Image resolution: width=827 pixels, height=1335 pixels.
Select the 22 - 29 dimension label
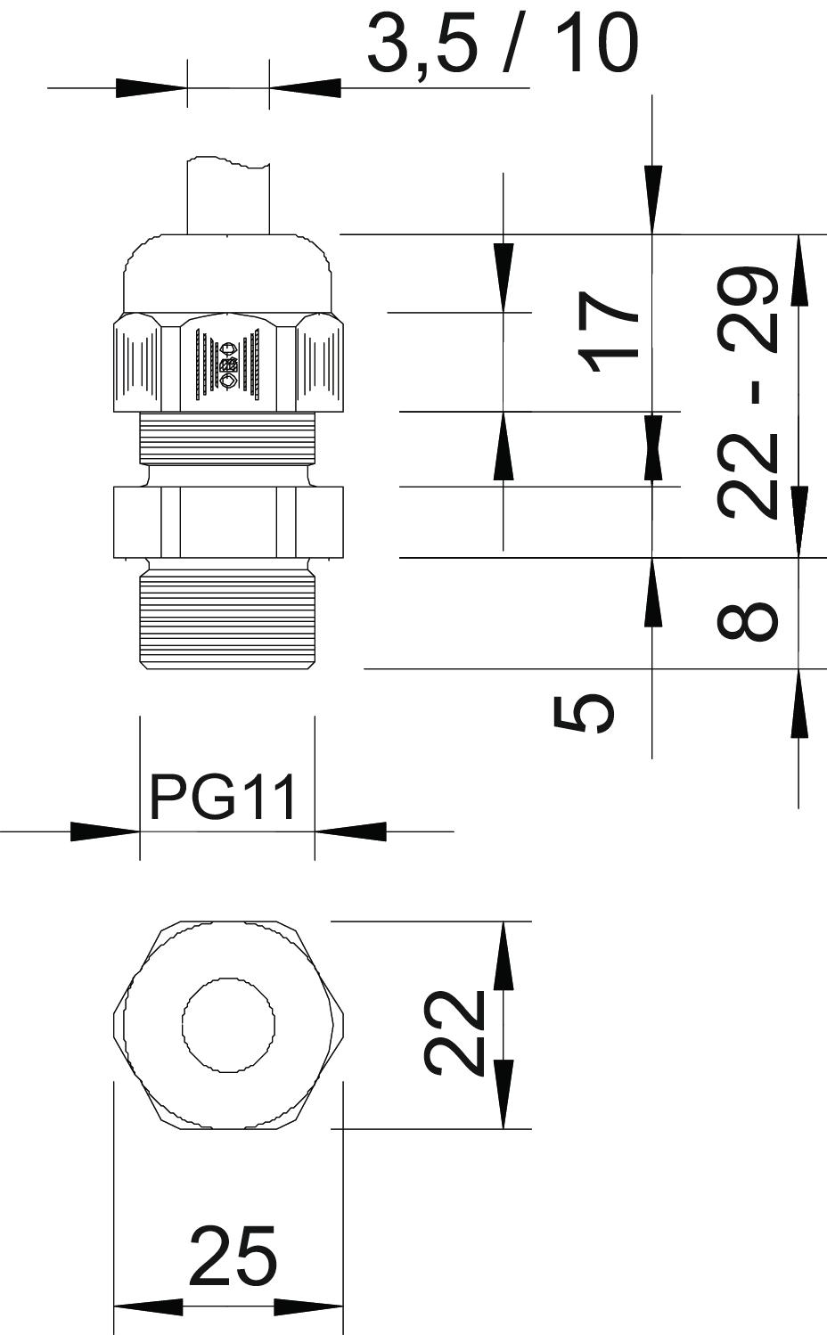(747, 392)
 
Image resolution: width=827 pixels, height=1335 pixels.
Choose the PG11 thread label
(222, 797)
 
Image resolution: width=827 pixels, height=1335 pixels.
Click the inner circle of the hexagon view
(229, 1025)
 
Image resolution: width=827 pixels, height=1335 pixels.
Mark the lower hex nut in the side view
(228, 522)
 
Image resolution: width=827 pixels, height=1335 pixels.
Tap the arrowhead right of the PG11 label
(351, 831)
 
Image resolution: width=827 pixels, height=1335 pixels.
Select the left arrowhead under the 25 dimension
(148, 1307)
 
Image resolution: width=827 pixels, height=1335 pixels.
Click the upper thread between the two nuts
(228, 438)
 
